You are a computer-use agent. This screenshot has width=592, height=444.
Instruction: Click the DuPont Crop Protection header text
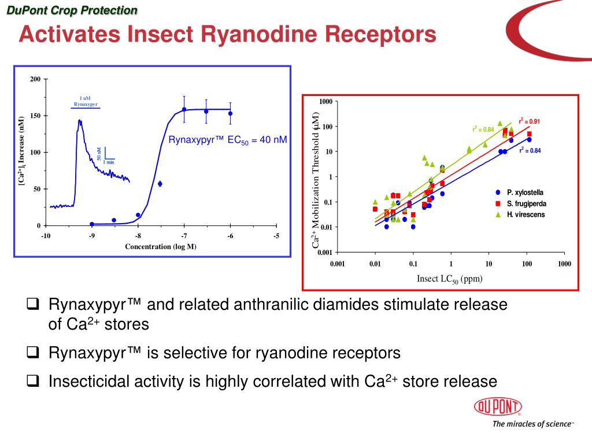pyautogui.click(x=72, y=10)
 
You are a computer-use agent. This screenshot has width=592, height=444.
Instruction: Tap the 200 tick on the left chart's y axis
pyautogui.click(x=35, y=79)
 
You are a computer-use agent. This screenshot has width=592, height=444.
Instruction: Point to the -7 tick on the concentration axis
pyautogui.click(x=184, y=235)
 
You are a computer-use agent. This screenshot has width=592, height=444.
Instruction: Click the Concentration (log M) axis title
pyautogui.click(x=161, y=247)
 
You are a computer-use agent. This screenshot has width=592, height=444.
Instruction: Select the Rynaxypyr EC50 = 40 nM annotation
pyautogui.click(x=227, y=140)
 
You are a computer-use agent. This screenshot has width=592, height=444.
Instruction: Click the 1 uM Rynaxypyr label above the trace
pyautogui.click(x=86, y=102)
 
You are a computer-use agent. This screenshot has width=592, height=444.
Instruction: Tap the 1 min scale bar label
pyautogui.click(x=109, y=162)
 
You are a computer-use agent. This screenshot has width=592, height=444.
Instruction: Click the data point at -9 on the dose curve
pyautogui.click(x=92, y=224)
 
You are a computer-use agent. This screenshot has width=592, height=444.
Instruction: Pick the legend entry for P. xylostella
pyautogui.click(x=525, y=192)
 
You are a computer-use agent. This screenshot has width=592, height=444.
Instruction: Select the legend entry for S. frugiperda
pyautogui.click(x=526, y=203)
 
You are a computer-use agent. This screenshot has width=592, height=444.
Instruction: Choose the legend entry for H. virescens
pyautogui.click(x=526, y=214)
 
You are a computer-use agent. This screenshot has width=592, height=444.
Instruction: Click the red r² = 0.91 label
pyautogui.click(x=529, y=121)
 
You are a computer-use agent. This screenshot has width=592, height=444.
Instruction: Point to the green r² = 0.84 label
pyautogui.click(x=483, y=129)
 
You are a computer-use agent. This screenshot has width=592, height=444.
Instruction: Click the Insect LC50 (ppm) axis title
pyautogui.click(x=449, y=279)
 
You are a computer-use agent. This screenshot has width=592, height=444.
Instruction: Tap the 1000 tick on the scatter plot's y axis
pyautogui.click(x=325, y=102)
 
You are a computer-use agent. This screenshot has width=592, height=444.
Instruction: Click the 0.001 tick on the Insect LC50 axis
pyautogui.click(x=337, y=264)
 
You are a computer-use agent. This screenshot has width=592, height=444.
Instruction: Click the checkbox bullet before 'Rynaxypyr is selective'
pyautogui.click(x=34, y=352)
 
